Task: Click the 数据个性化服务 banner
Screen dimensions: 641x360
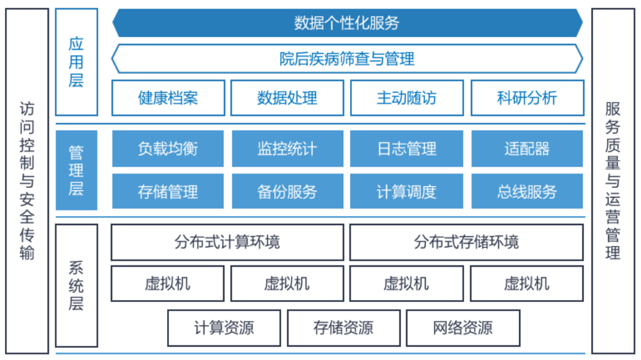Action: (x=348, y=23)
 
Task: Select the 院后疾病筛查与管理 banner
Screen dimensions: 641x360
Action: (x=348, y=59)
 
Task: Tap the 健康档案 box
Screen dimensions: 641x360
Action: (x=168, y=98)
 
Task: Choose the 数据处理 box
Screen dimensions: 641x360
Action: (x=287, y=98)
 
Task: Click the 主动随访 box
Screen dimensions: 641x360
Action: (x=407, y=98)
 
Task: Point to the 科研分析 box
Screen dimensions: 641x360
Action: (x=528, y=98)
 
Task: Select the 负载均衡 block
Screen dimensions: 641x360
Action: (x=168, y=148)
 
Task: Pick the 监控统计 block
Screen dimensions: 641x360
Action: (x=287, y=148)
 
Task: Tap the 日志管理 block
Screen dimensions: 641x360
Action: (x=407, y=148)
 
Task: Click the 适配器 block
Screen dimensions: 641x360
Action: (x=527, y=148)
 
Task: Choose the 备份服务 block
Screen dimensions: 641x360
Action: (x=287, y=192)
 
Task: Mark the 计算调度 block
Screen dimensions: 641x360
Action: (x=407, y=192)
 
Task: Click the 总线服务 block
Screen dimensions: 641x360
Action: (x=527, y=192)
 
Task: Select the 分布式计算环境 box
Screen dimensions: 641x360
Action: (x=227, y=242)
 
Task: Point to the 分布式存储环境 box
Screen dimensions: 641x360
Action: (x=467, y=242)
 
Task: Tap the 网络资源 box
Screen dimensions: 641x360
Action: (x=463, y=328)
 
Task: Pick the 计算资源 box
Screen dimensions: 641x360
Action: (x=224, y=328)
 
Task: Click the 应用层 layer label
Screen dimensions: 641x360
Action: (x=76, y=62)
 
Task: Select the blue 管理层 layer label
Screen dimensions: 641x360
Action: (x=76, y=170)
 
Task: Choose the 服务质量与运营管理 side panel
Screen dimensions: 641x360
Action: (x=613, y=181)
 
